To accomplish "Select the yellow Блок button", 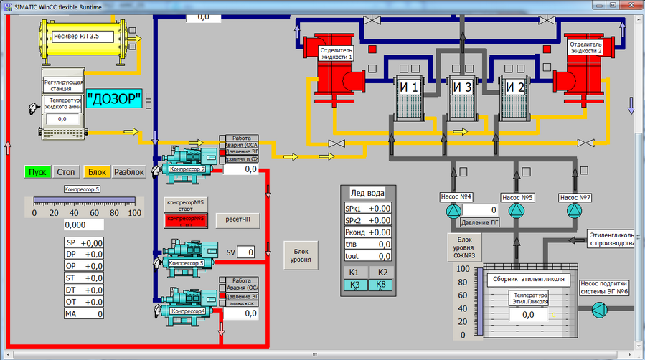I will pos(97,172).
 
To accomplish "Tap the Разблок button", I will pos(129,172).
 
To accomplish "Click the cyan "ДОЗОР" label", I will pos(115,98).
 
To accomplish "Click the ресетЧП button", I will pos(237,219).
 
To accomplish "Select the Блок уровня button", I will pos(301,256).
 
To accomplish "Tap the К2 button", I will pos(382,273).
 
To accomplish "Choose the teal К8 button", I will pos(382,285).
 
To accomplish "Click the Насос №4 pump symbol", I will pos(452,211).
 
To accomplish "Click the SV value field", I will pos(246,252).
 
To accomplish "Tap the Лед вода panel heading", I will pos(367,193).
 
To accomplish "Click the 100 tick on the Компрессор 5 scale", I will pos(134,214).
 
